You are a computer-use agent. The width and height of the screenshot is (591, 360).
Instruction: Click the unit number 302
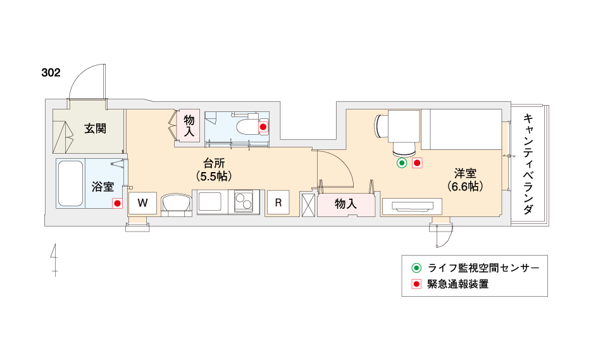point(51,72)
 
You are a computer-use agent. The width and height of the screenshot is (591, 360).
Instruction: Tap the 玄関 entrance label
point(95,128)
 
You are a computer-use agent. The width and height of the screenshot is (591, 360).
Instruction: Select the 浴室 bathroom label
point(103,187)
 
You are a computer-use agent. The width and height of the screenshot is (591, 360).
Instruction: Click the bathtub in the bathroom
point(70,183)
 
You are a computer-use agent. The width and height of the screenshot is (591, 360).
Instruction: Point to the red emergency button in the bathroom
point(117,204)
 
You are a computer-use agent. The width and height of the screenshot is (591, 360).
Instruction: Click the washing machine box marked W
point(142,203)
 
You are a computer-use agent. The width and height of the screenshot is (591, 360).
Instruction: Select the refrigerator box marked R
point(278,203)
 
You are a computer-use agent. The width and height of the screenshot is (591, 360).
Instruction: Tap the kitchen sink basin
point(210,202)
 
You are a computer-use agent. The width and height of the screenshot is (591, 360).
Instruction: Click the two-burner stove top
point(244,201)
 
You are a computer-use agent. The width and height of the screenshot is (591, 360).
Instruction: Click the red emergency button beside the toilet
point(263,127)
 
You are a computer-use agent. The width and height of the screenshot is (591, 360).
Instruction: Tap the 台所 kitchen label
point(214,164)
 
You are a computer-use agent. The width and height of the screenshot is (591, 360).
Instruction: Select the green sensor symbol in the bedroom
point(402,163)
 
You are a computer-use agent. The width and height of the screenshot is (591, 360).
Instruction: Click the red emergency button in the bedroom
point(417,163)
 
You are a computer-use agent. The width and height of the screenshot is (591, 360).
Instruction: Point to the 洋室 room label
point(465,174)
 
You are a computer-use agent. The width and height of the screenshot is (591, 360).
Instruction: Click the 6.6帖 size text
point(465,186)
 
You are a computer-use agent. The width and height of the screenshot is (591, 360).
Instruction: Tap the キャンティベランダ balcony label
point(528,164)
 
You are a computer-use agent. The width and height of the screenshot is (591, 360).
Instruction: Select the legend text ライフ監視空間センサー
point(483,268)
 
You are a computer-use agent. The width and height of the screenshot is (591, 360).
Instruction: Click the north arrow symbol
point(54,260)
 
